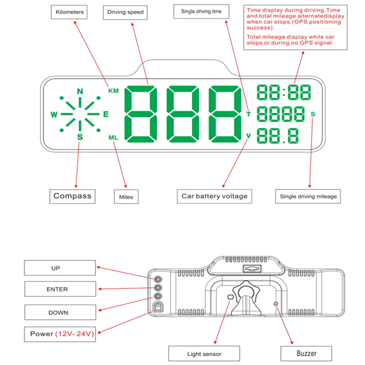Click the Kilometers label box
[x=69, y=12]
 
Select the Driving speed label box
[x=125, y=12]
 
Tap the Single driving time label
[x=201, y=11]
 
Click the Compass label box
[x=72, y=196]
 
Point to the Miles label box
[x=126, y=197]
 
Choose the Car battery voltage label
[x=214, y=196]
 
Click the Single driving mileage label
[x=308, y=196]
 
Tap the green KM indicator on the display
[x=113, y=91]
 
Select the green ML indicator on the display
[x=113, y=137]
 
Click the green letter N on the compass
[x=80, y=91]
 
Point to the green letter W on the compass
[x=54, y=115]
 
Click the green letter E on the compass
[x=106, y=114]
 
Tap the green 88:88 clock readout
[x=284, y=92]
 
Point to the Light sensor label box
[x=204, y=354]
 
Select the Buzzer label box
[x=306, y=353]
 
